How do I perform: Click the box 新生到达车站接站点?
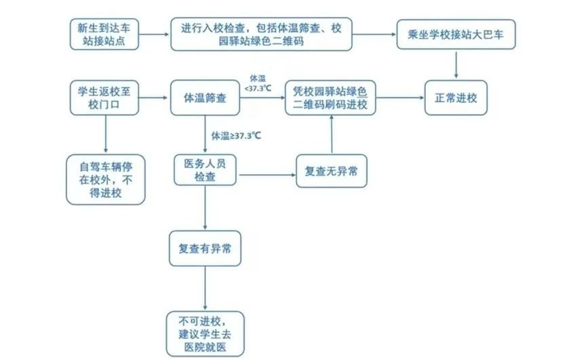pyautogui.click(x=105, y=35)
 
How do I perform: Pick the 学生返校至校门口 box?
pyautogui.click(x=105, y=98)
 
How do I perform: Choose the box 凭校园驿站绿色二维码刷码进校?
pyautogui.click(x=330, y=98)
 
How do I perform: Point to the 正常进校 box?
pyautogui.click(x=456, y=98)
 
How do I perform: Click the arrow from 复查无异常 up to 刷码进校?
pyautogui.click(x=331, y=134)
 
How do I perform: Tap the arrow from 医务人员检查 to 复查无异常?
pyautogui.click(x=266, y=176)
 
